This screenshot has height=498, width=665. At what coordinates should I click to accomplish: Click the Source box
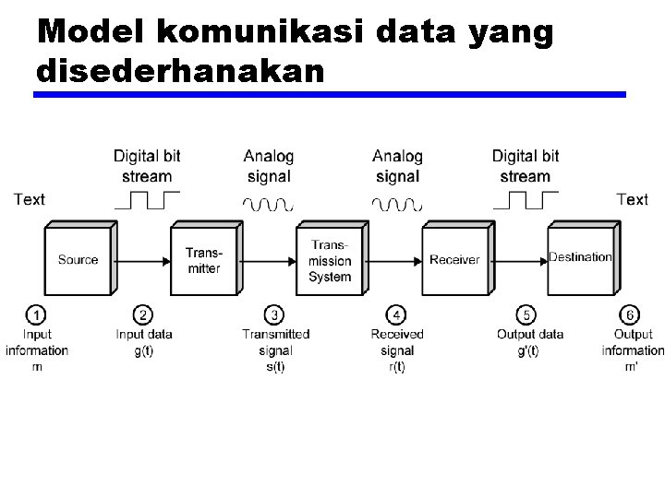click(78, 260)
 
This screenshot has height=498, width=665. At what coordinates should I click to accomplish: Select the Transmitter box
click(203, 260)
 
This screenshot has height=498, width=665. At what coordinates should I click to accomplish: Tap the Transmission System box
click(330, 260)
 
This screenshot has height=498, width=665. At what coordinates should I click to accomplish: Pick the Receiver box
click(454, 260)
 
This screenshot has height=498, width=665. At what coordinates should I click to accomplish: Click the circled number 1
click(37, 315)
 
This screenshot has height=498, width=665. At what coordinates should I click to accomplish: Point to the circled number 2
click(143, 315)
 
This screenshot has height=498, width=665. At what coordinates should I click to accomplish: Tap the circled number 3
click(274, 315)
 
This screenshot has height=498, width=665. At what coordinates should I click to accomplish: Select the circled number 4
click(396, 315)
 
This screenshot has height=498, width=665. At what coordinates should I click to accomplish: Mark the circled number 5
click(526, 315)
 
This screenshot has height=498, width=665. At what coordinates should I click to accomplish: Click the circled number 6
click(632, 315)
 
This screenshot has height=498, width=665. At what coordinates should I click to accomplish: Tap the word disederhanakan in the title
click(180, 70)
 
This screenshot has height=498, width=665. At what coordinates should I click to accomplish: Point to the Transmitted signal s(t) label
click(275, 350)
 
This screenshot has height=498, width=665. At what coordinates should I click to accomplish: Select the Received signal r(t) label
click(396, 350)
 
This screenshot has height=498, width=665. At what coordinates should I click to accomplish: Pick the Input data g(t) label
click(144, 342)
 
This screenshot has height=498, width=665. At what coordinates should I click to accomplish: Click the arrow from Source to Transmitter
click(140, 261)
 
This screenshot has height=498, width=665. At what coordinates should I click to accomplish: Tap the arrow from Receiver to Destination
click(519, 261)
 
